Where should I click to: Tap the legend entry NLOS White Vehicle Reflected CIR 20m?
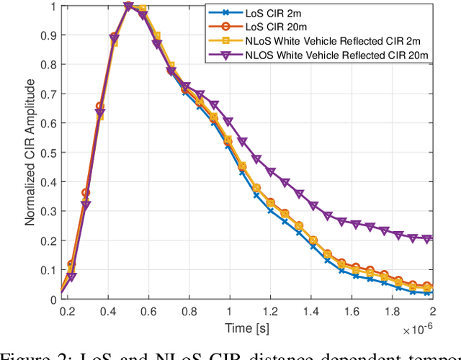[x=335, y=55]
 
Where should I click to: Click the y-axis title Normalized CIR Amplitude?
[x=31, y=152]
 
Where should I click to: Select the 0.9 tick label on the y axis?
[x=49, y=35]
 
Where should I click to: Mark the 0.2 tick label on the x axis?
[x=68, y=310]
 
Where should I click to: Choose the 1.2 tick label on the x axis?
[x=269, y=310]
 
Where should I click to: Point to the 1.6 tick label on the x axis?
[x=350, y=310]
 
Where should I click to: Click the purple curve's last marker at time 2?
[x=429, y=238]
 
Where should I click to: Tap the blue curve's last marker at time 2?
[x=429, y=292]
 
